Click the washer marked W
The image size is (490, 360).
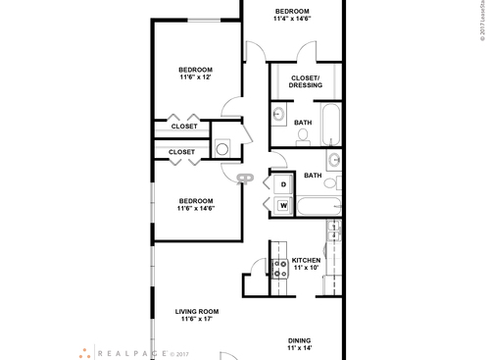tap(283, 205)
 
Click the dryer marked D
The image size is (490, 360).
tap(283, 183)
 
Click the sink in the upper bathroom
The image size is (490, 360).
tap(277, 114)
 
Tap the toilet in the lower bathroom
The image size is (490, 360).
tap(330, 182)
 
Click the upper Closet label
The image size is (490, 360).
tap(184, 126)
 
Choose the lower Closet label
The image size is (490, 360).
tap(181, 152)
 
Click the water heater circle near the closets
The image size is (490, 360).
tap(222, 149)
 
